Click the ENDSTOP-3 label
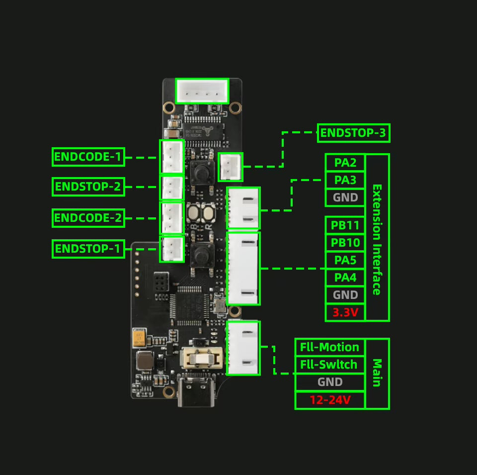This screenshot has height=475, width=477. click(x=353, y=133)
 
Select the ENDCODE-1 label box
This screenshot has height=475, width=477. click(x=88, y=157)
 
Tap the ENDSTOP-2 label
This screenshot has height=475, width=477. click(x=88, y=187)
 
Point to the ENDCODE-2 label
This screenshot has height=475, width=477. click(x=88, y=218)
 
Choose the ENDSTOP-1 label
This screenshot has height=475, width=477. click(x=88, y=249)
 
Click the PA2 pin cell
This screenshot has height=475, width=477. click(x=345, y=163)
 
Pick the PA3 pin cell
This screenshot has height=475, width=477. click(x=345, y=180)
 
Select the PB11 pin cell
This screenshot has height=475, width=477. click(x=345, y=225)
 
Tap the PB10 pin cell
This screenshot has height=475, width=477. click(x=345, y=243)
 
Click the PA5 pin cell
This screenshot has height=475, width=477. click(x=345, y=260)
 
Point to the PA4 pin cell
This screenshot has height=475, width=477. click(x=345, y=278)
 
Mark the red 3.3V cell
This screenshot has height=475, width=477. click(x=345, y=312)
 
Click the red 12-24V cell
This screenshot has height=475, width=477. click(x=330, y=400)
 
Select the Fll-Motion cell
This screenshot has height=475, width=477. click(x=330, y=347)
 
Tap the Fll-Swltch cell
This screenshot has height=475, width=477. click(x=330, y=365)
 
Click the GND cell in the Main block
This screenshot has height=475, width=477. click(x=330, y=382)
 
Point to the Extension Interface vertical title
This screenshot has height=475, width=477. click(x=377, y=239)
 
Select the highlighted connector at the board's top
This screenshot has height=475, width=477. click(x=202, y=91)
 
